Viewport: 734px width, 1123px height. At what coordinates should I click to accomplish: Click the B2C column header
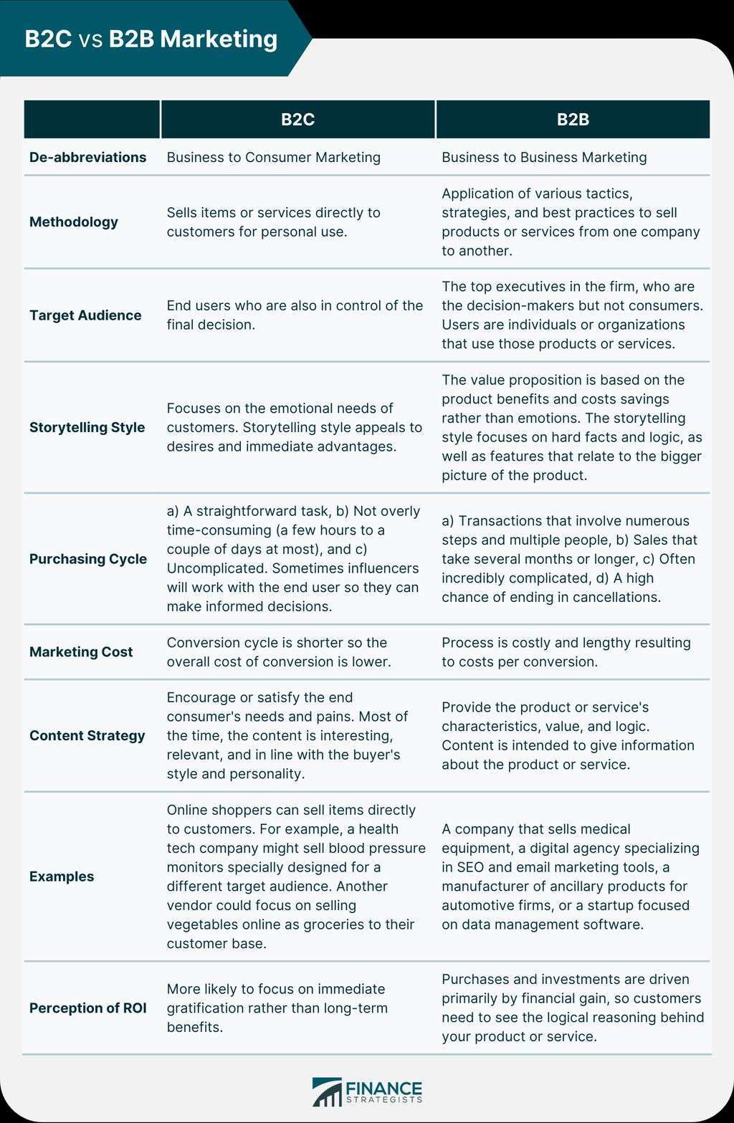297,120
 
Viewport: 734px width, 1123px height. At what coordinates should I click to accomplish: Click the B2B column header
573,120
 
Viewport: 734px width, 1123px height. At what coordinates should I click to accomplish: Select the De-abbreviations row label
87,157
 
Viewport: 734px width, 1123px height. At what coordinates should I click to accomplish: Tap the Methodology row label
74,222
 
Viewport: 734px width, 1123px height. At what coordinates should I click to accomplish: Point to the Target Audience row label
85,315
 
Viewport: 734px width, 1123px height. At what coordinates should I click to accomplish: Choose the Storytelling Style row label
87,427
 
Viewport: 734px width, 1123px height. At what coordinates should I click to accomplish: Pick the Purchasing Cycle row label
88,559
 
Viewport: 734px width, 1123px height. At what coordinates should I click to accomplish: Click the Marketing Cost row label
81,652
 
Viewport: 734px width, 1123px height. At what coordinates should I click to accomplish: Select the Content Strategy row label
87,735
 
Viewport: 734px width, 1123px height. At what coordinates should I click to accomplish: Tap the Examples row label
62,876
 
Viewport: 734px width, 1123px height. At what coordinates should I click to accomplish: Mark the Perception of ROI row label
87,1008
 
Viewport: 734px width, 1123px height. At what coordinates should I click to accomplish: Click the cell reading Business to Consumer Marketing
273,157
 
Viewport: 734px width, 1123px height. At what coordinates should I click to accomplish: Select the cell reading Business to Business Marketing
543,157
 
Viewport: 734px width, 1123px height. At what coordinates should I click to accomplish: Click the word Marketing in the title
219,39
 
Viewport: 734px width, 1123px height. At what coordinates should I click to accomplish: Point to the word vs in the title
90,39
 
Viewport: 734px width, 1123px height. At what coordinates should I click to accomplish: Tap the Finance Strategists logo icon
327,1092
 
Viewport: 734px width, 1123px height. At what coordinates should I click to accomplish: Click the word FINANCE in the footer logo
383,1088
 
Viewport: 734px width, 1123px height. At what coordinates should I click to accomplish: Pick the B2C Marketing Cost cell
279,652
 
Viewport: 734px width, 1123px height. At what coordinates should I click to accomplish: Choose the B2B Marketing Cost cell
566,652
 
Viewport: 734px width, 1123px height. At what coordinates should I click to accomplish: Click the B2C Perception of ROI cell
277,1008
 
